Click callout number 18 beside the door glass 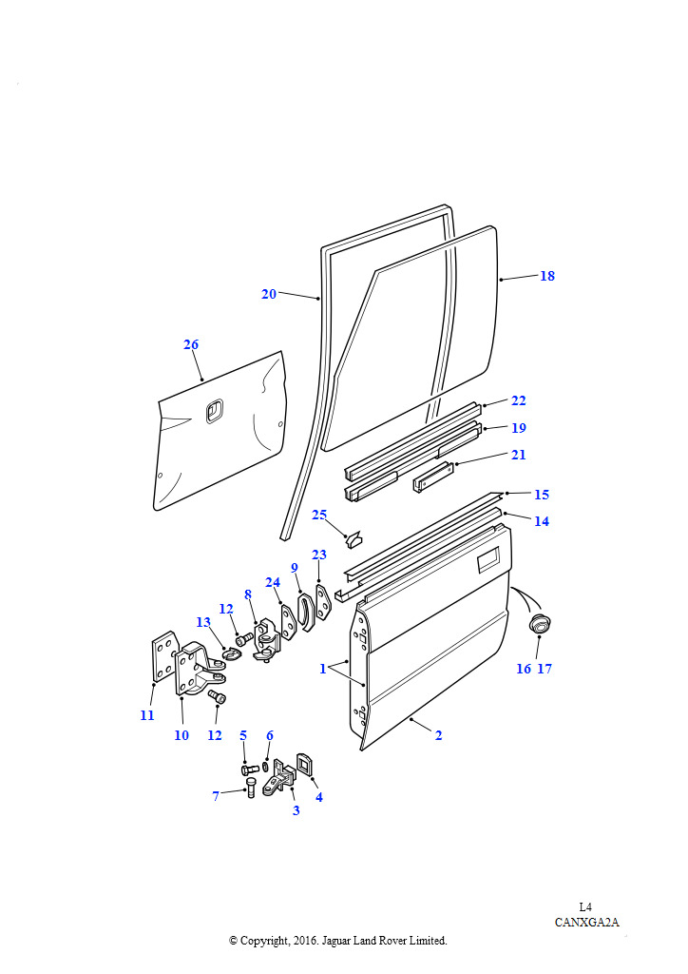[x=547, y=276]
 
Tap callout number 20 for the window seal [x=269, y=294]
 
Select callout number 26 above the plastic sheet [x=191, y=344]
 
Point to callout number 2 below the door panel [x=438, y=735]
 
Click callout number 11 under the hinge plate [x=147, y=715]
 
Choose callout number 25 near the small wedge [x=319, y=515]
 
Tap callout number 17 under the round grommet [x=545, y=669]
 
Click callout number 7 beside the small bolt [x=216, y=795]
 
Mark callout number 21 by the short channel [x=518, y=455]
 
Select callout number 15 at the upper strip [x=542, y=495]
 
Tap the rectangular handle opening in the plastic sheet [x=214, y=410]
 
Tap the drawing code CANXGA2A [x=587, y=922]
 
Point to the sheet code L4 [x=586, y=906]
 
